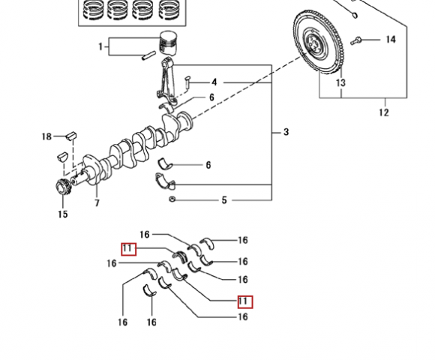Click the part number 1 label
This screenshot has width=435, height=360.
coord(100,46)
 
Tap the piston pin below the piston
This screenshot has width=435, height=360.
coord(148,55)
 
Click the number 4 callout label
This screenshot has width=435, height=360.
coord(214,82)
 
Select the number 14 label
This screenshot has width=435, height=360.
coord(391,40)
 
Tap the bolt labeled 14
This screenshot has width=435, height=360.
coord(355,41)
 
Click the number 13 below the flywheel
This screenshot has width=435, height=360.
coord(340,82)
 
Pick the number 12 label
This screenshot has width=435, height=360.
coord(384,112)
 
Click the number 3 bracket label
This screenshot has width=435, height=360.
coord(286,132)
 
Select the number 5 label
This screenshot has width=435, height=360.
coord(224,200)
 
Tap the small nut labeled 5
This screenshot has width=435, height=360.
coord(172,199)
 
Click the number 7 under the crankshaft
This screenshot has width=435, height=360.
coord(97,203)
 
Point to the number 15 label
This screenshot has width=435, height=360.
coord(63,214)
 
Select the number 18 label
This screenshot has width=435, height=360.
coord(46,136)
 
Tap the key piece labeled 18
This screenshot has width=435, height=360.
coord(71,136)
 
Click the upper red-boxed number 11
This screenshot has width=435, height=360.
coord(129,249)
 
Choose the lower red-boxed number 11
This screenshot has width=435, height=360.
coord(245,301)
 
